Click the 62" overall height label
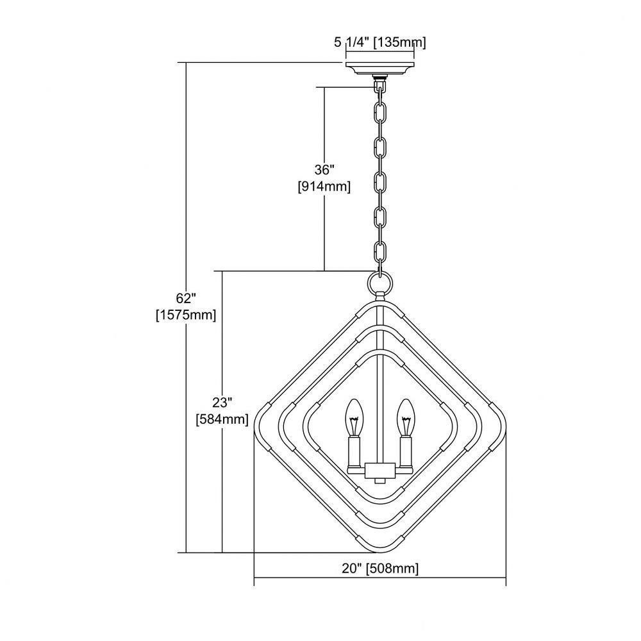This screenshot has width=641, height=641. pyautogui.click(x=187, y=299)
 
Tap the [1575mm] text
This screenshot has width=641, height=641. pyautogui.click(x=186, y=315)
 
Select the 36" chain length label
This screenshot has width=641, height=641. pyautogui.click(x=324, y=169)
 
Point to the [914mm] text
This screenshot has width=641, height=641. pyautogui.click(x=324, y=187)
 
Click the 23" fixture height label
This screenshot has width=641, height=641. pyautogui.click(x=222, y=403)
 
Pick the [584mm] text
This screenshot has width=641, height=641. pyautogui.click(x=222, y=419)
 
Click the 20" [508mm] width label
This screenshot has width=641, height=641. pyautogui.click(x=380, y=569)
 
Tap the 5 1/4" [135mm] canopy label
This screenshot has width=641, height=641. pyautogui.click(x=380, y=42)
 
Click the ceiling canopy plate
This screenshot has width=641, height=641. pyautogui.click(x=380, y=69)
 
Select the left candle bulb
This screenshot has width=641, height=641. pyautogui.click(x=354, y=417)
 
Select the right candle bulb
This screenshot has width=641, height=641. pyautogui.click(x=406, y=417)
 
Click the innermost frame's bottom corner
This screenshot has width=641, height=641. pyautogui.click(x=380, y=501)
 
